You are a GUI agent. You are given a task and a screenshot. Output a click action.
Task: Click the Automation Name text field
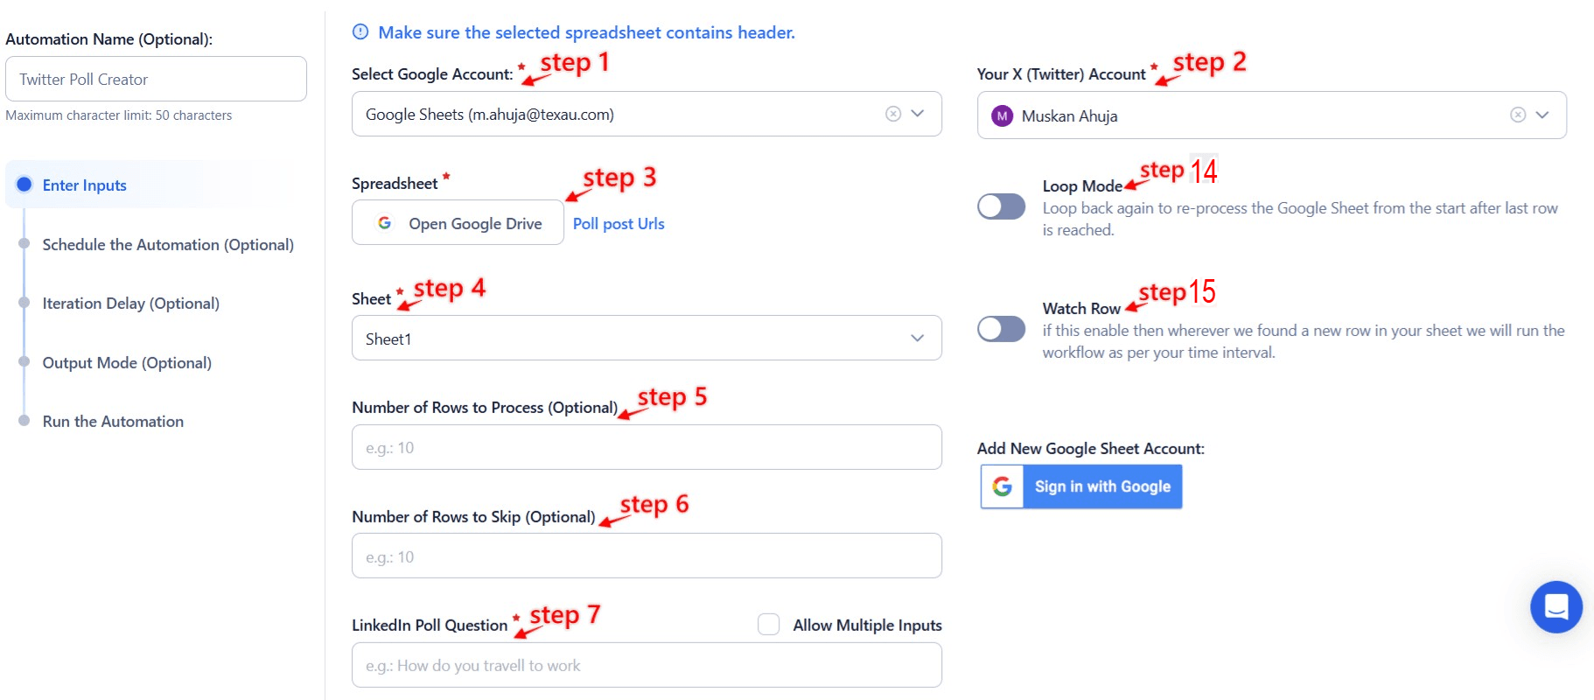tap(156, 79)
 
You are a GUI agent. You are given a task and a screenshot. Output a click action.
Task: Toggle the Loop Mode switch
tap(1001, 206)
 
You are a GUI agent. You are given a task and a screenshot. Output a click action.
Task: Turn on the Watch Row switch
tap(1001, 329)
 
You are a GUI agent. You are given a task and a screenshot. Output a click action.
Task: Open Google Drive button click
tap(458, 223)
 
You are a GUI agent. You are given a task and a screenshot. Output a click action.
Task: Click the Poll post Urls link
tap(619, 224)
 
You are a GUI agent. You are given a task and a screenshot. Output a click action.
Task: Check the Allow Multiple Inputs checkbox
tap(769, 624)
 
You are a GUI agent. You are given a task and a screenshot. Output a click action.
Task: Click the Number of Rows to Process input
tap(647, 447)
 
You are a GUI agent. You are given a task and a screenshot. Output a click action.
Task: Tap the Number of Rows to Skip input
tap(647, 556)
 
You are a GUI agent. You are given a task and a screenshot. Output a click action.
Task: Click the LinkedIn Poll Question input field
tap(647, 665)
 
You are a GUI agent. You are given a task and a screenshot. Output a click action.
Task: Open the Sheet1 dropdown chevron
tap(917, 338)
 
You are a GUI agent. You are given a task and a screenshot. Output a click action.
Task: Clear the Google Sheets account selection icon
tap(893, 114)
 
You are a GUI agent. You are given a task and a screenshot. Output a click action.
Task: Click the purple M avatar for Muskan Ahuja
tap(1002, 115)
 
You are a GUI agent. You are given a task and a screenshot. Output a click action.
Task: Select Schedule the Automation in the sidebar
tap(168, 244)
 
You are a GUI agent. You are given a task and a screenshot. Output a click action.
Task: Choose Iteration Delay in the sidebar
tap(131, 303)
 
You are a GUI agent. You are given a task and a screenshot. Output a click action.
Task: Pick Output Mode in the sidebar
tap(127, 362)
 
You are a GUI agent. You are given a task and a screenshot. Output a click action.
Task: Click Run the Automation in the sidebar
tap(113, 421)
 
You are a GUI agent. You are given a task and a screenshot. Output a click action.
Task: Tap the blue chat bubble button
tap(1556, 606)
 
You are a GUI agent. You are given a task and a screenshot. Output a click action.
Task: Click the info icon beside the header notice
tap(360, 32)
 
